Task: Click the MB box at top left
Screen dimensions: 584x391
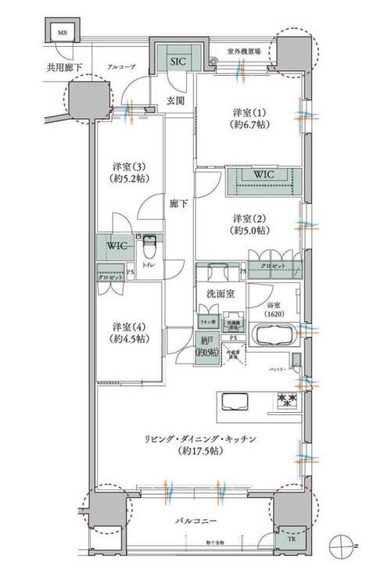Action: (60, 34)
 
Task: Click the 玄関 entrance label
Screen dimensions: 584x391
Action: (177, 101)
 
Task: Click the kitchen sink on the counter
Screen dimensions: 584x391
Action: (234, 402)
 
